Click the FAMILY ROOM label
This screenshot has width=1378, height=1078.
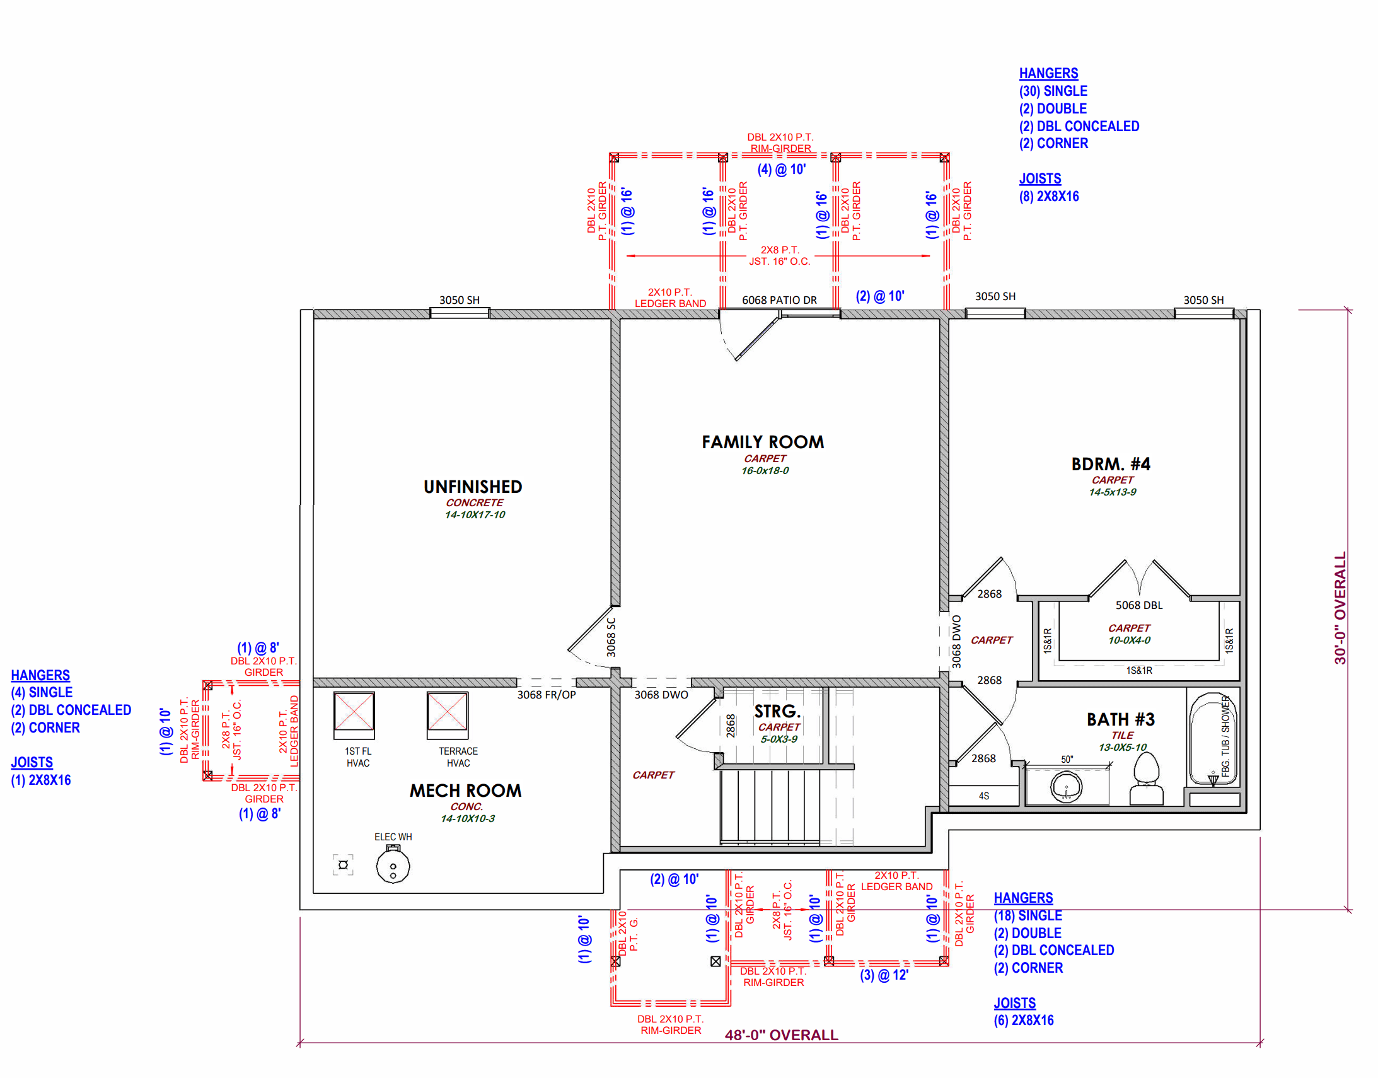762,442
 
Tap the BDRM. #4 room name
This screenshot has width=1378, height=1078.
1111,464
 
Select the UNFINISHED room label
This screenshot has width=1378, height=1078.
473,487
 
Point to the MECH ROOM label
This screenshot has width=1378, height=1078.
465,790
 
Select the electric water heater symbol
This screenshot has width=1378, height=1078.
393,866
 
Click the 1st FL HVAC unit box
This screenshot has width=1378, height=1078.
354,714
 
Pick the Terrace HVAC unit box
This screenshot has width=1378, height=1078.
448,714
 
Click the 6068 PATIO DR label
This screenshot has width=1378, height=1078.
779,301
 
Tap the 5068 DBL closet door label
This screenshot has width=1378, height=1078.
1138,605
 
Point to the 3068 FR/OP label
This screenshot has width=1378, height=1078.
547,695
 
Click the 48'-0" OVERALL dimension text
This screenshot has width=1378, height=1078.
781,1035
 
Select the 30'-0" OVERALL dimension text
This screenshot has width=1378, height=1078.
1340,608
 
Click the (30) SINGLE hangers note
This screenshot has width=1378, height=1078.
1053,91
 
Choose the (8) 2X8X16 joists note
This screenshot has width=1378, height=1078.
1049,196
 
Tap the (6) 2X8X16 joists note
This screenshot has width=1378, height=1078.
1023,1020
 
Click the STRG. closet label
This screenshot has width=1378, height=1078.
777,711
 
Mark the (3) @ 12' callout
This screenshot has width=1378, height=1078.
884,975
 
